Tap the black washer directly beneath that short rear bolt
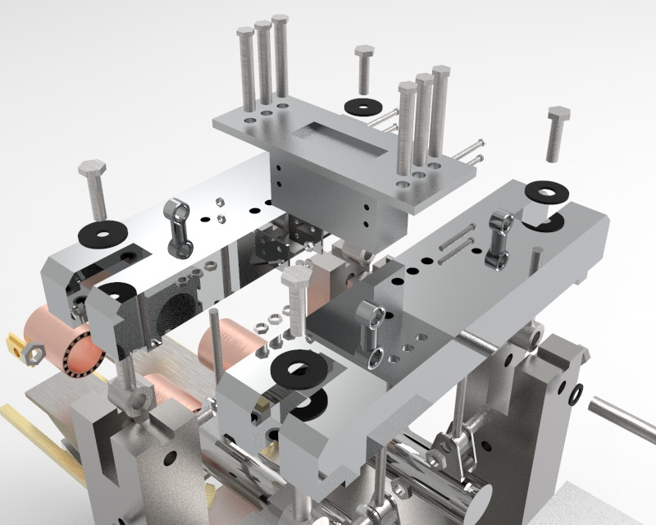tap(358, 107)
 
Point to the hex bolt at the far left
tap(93, 189)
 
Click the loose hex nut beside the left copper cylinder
tap(32, 354)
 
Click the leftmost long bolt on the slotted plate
tap(246, 70)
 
